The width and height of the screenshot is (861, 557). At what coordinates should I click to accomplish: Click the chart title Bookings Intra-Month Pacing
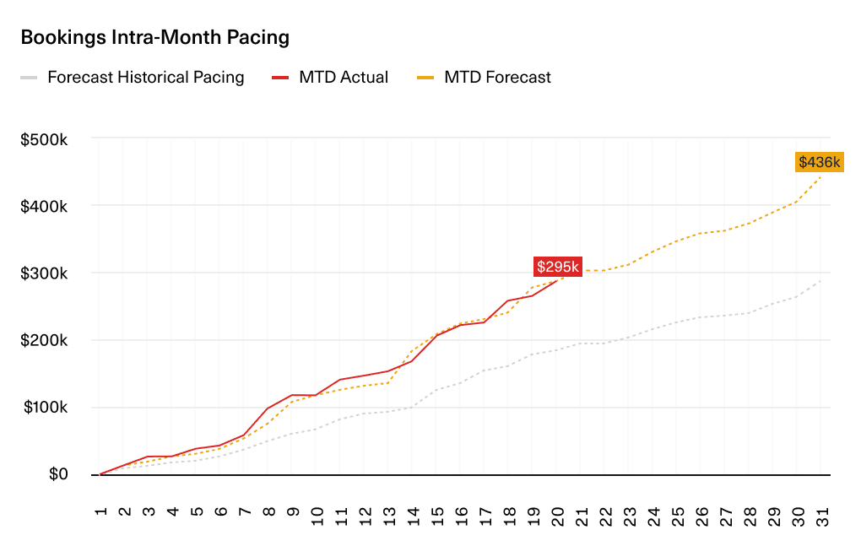154,38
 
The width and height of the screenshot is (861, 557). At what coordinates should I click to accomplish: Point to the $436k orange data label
819,162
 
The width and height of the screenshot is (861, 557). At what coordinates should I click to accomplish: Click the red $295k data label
558,267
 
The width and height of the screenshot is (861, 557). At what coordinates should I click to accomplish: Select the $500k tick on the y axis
44,138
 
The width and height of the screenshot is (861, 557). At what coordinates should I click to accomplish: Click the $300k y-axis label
44,273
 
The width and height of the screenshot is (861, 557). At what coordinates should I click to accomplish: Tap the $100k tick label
44,408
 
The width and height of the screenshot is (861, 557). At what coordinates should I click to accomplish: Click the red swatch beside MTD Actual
281,78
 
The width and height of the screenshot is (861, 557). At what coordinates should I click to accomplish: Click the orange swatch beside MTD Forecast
426,78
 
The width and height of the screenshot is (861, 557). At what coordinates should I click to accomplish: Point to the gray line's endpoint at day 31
820,281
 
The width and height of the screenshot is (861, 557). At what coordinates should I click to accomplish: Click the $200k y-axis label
44,341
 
